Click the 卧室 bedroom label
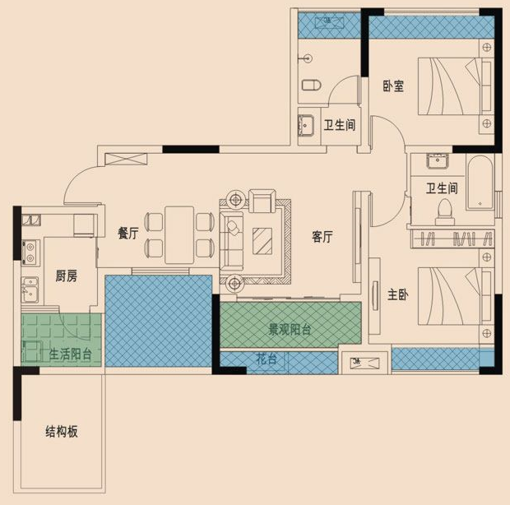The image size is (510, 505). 393,86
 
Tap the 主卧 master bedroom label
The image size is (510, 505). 398,294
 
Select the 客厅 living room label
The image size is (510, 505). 322,236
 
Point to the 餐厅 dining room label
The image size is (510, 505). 128,233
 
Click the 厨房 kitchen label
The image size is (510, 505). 66,276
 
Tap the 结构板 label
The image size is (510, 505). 62,432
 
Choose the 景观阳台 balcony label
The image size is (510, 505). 290,330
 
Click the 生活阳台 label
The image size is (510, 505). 70,354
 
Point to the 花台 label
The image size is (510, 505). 267,359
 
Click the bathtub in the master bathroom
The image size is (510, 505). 480,183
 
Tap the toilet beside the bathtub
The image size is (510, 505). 445,212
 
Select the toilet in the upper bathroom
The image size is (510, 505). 311,86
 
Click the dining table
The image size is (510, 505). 179,234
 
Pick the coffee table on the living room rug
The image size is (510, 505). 262,241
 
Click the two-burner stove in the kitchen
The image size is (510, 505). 30,252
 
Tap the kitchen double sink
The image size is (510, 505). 30,290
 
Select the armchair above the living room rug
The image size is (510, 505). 262,201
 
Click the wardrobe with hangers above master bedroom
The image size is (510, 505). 452,239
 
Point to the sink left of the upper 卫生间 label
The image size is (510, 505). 306,125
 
